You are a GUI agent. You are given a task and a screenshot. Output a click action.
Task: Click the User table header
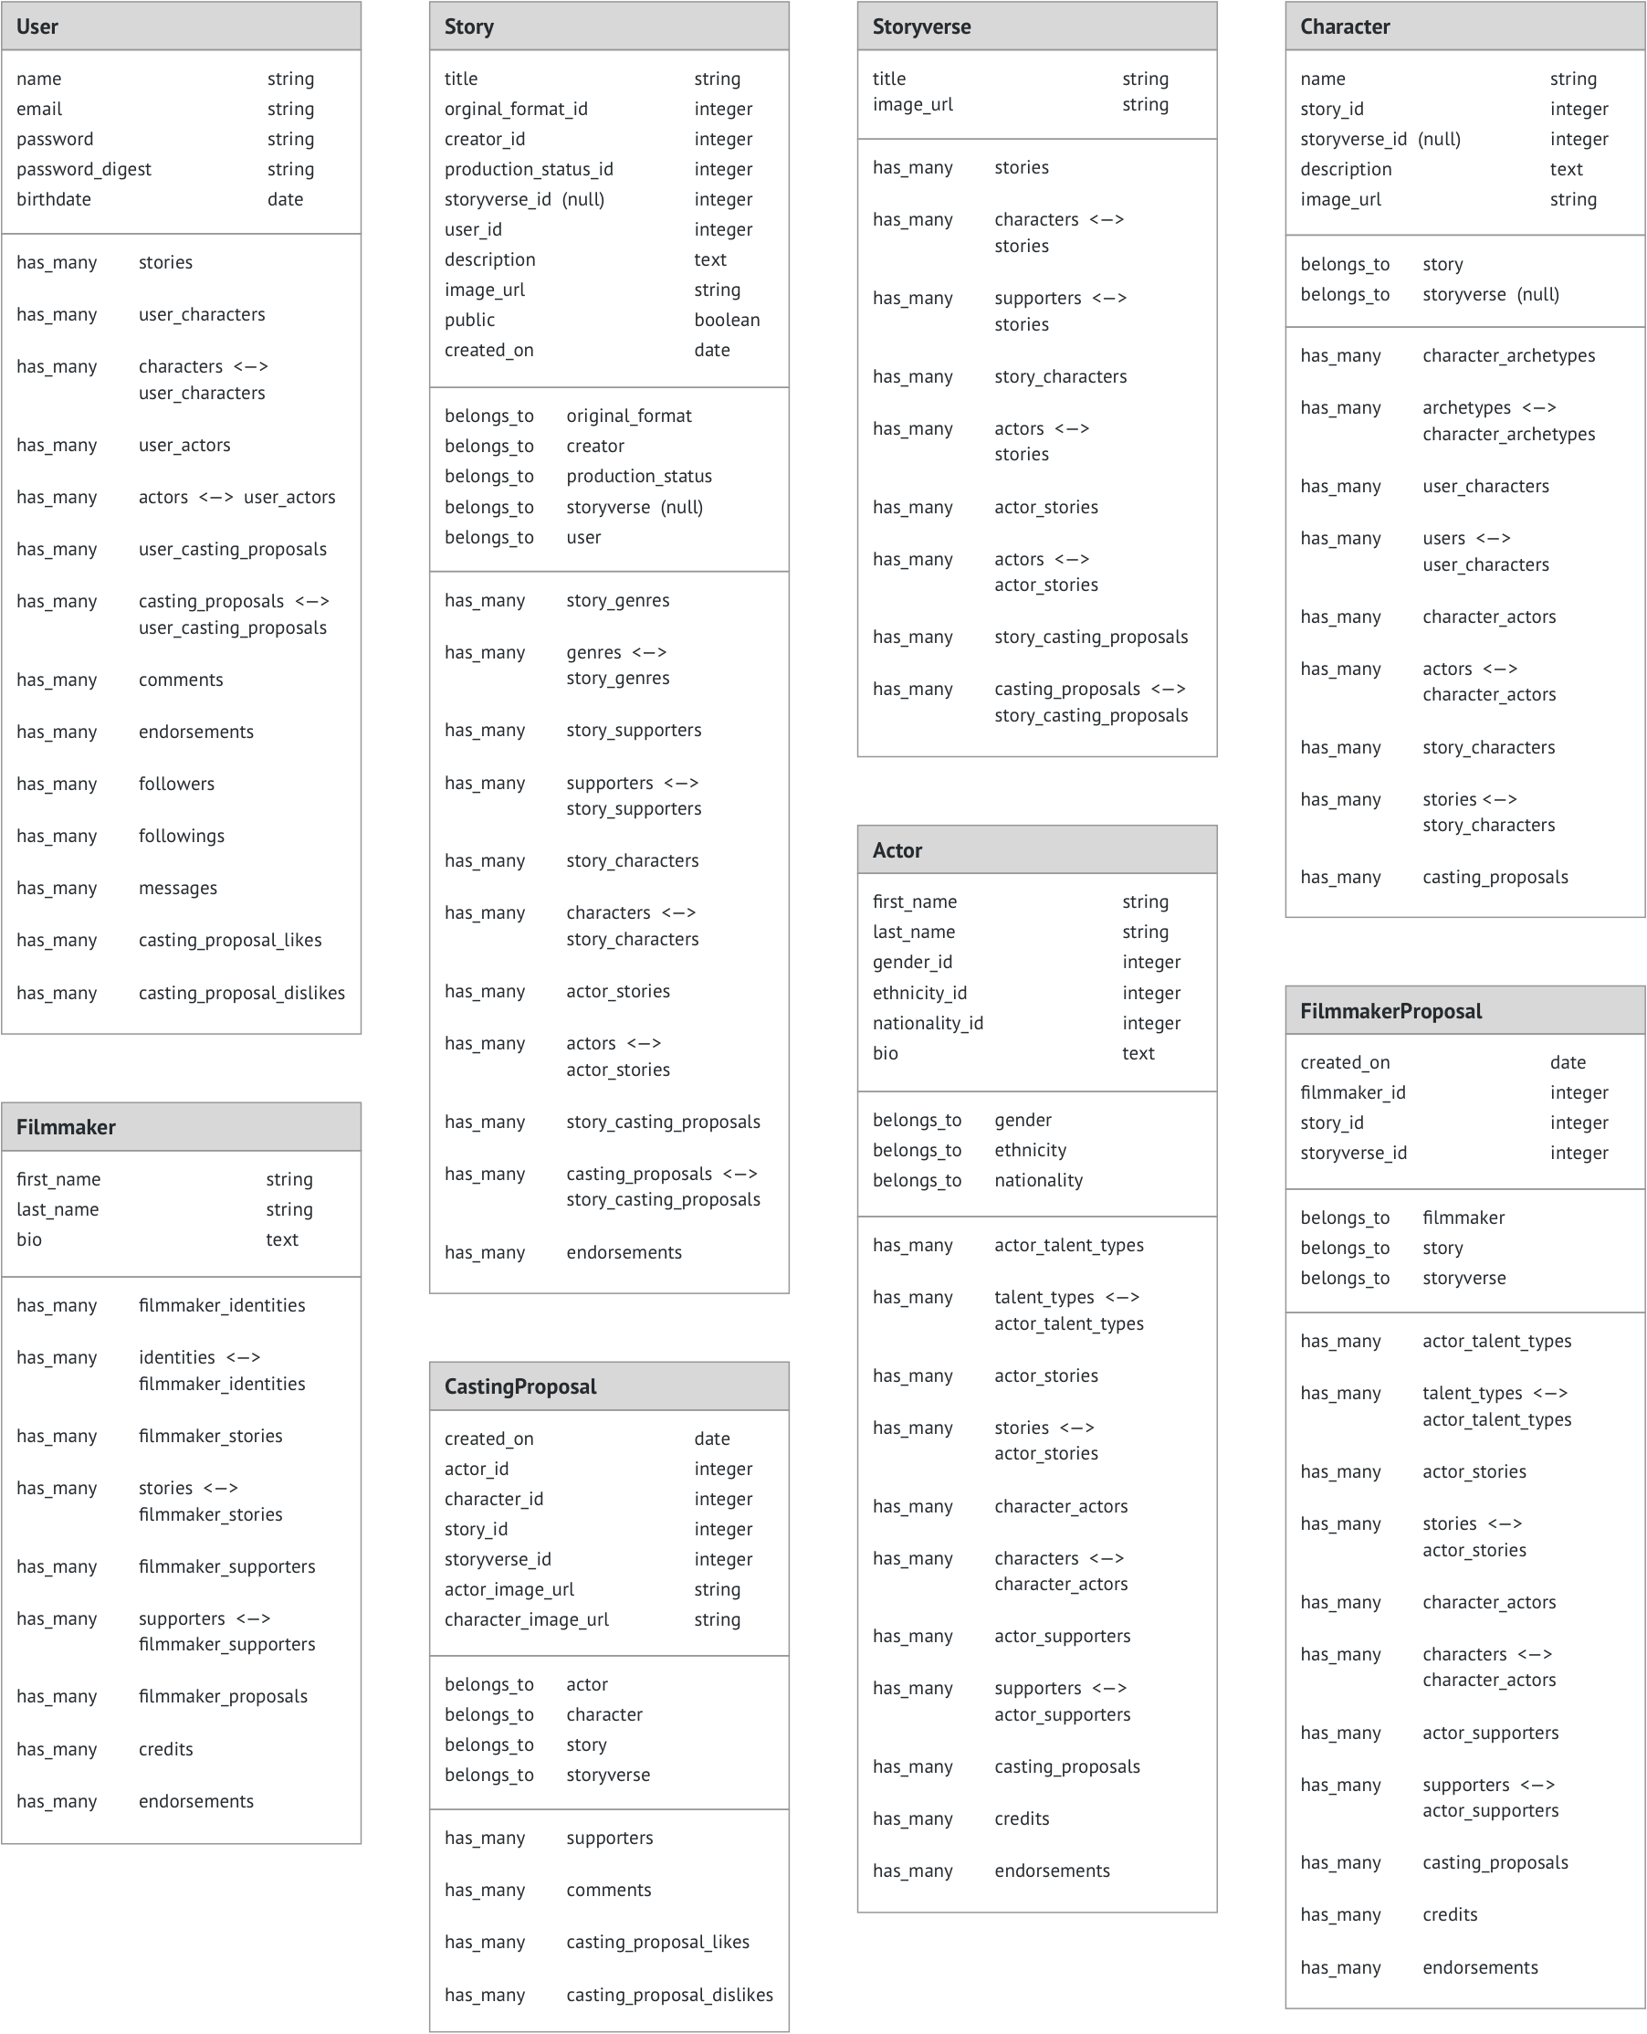(37, 26)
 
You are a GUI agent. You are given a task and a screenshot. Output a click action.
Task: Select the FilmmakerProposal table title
(1390, 1011)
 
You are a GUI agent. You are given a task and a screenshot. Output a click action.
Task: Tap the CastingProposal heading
(519, 1386)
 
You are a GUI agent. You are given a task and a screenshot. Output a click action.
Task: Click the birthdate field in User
(54, 199)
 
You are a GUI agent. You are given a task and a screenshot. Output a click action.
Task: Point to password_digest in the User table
(83, 169)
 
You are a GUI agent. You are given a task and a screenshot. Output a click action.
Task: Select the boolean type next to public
(726, 320)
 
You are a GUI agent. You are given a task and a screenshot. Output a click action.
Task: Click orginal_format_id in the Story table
(515, 110)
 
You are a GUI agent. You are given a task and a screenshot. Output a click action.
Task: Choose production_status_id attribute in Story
(529, 169)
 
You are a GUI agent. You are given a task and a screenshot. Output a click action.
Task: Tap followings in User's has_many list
(181, 835)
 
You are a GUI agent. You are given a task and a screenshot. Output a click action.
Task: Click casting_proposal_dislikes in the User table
(241, 993)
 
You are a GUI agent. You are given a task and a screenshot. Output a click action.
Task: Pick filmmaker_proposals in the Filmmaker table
(223, 1696)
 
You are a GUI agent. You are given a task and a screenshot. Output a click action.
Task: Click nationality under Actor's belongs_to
(1038, 1180)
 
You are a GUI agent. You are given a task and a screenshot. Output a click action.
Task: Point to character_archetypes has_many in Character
(1508, 355)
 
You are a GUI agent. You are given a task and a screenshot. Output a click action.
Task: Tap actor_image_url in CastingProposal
(509, 1589)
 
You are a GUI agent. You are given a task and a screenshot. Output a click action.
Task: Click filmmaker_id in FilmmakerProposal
(1353, 1092)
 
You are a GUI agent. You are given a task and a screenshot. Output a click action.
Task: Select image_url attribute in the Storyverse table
(913, 104)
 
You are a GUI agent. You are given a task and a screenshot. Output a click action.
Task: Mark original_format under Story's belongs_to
(629, 416)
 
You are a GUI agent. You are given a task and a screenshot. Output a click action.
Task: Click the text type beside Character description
(1566, 169)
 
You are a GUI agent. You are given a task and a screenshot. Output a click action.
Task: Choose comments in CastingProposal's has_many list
(608, 1889)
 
